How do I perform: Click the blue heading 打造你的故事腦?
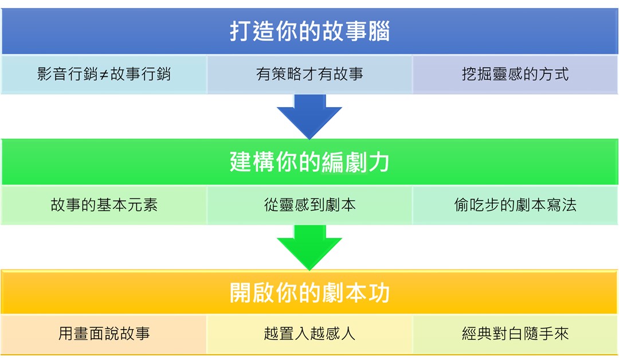coord(309,32)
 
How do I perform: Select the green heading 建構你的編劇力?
coord(309,162)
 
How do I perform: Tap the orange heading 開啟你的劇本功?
coord(309,293)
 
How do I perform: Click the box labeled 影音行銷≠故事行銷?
coord(104,75)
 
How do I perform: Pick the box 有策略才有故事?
coord(309,75)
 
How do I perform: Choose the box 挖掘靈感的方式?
coord(515,75)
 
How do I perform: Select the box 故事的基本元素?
coord(104,205)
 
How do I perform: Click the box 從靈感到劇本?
coord(309,205)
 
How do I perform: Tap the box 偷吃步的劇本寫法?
coord(515,205)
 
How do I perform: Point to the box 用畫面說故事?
coord(104,334)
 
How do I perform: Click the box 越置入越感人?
coord(309,334)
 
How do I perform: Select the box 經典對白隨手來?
coord(515,334)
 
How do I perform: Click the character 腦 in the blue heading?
coord(379,32)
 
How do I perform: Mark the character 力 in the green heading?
coord(379,163)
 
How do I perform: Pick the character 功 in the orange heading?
coord(379,294)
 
